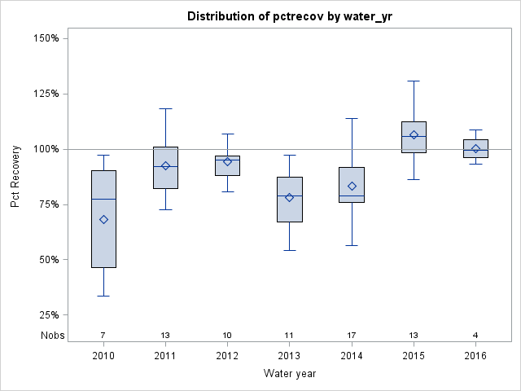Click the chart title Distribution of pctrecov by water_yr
pos(289,16)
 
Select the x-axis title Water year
pos(289,373)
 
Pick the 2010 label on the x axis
pos(103,356)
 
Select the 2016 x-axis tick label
pos(476,356)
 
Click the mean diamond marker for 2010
pos(103,219)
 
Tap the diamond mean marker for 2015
pos(414,135)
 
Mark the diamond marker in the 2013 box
pos(289,197)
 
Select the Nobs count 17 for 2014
pos(352,335)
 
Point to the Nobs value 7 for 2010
pos(103,335)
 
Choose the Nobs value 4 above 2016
pos(476,335)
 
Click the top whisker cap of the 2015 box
pos(414,81)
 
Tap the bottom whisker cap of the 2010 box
pos(103,296)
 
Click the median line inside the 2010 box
pos(103,199)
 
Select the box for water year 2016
pos(476,148)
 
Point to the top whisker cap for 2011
pos(165,108)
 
